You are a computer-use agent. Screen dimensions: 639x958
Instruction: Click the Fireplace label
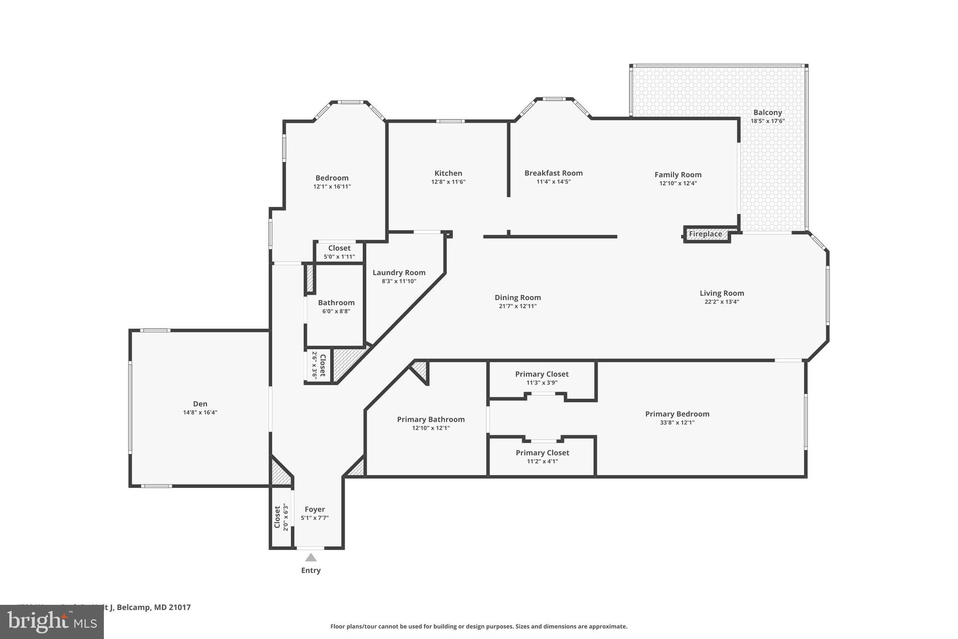tap(705, 234)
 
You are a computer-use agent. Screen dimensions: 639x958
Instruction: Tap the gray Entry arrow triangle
tap(311, 558)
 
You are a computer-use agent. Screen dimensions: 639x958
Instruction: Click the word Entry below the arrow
tap(311, 570)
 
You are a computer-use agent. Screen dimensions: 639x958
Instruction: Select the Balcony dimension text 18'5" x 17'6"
tap(768, 121)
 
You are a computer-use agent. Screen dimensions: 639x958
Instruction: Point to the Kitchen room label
tap(448, 173)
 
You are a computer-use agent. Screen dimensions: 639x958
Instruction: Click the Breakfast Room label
tap(553, 173)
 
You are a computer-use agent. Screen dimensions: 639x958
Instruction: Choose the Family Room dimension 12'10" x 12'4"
tap(678, 184)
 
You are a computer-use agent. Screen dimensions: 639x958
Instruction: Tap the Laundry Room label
tap(399, 272)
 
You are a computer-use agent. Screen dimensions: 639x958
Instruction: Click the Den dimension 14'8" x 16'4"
tap(200, 412)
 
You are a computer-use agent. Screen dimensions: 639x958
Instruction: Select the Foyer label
tap(314, 509)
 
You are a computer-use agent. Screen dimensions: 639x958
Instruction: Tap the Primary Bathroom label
tap(431, 419)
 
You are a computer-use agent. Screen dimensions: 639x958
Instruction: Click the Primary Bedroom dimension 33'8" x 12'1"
tap(677, 423)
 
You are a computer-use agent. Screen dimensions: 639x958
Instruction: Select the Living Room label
tap(722, 293)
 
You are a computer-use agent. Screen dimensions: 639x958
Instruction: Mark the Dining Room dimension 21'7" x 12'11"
tap(517, 306)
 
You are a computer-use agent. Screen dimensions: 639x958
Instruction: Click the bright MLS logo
tap(51, 622)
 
